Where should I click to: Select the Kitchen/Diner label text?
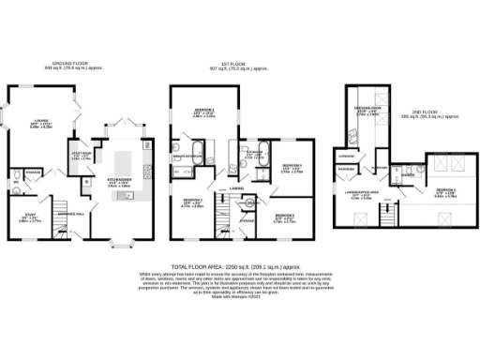pyautogui.click(x=118, y=180)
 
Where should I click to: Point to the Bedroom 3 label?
pyautogui.click(x=193, y=200)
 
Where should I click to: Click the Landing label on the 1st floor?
pyautogui.click(x=237, y=187)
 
